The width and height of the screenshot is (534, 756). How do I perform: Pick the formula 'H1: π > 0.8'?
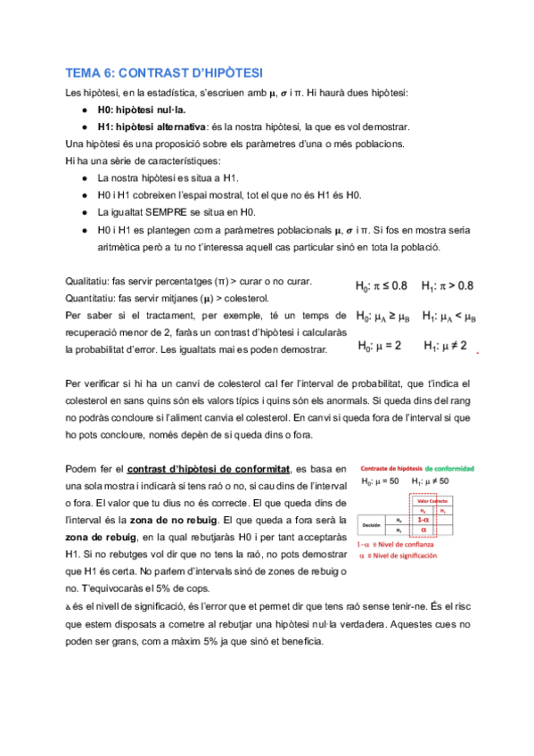coord(448,286)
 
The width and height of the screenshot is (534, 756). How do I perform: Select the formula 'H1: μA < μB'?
coord(449,316)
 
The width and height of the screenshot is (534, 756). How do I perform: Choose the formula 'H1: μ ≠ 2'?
coord(448,345)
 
